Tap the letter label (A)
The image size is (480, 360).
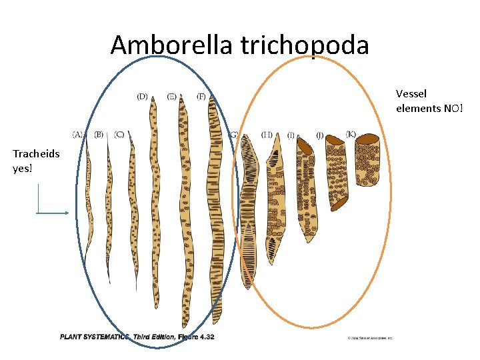pyautogui.click(x=78, y=134)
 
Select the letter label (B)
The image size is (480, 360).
pyautogui.click(x=99, y=134)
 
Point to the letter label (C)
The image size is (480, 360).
pyautogui.click(x=119, y=134)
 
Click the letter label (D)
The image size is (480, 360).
pyautogui.click(x=143, y=97)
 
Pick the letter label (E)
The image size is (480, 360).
pyautogui.click(x=172, y=97)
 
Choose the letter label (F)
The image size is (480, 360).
pyautogui.click(x=201, y=97)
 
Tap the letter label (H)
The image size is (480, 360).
pyautogui.click(x=267, y=134)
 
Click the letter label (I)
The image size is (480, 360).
pyautogui.click(x=291, y=135)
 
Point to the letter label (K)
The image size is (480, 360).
pyautogui.click(x=351, y=133)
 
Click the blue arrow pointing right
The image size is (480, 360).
pyautogui.click(x=53, y=213)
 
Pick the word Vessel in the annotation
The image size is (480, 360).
pyautogui.click(x=411, y=94)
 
